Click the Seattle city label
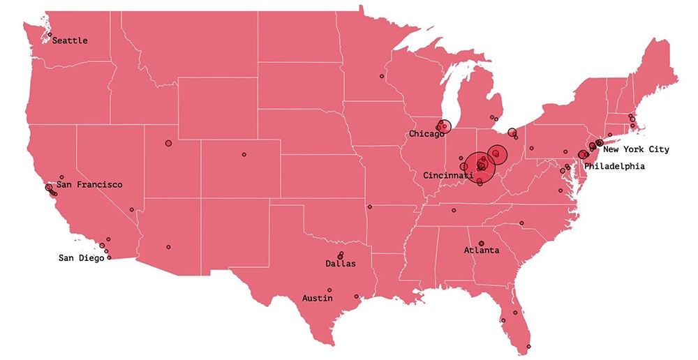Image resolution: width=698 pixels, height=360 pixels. tap(70, 40)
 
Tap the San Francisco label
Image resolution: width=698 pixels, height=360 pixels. tap(89, 185)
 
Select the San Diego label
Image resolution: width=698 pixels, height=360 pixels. tap(81, 258)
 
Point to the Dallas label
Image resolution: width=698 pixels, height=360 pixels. tap(341, 264)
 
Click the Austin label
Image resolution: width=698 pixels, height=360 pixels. tap(318, 298)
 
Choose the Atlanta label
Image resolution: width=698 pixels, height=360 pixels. tap(482, 250)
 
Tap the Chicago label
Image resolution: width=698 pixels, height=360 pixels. tap(426, 133)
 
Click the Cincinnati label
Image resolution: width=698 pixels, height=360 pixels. tap(448, 176)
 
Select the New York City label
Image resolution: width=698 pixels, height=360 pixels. tap(636, 149)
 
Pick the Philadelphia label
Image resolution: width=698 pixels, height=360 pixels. tap(614, 166)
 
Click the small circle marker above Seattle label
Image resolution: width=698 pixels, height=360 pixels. tap(50, 34)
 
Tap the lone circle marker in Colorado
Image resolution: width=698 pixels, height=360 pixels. tap(244, 154)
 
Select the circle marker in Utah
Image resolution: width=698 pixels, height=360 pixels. tap(168, 143)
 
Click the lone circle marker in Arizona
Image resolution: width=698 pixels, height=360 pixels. tap(168, 246)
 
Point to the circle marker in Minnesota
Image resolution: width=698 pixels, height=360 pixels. tap(382, 75)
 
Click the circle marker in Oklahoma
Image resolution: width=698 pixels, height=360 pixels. tap(370, 207)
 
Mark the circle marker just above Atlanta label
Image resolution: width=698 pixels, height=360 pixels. tap(482, 243)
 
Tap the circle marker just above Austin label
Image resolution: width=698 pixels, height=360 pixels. tap(329, 290)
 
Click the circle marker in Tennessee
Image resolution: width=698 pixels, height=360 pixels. tap(454, 210)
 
